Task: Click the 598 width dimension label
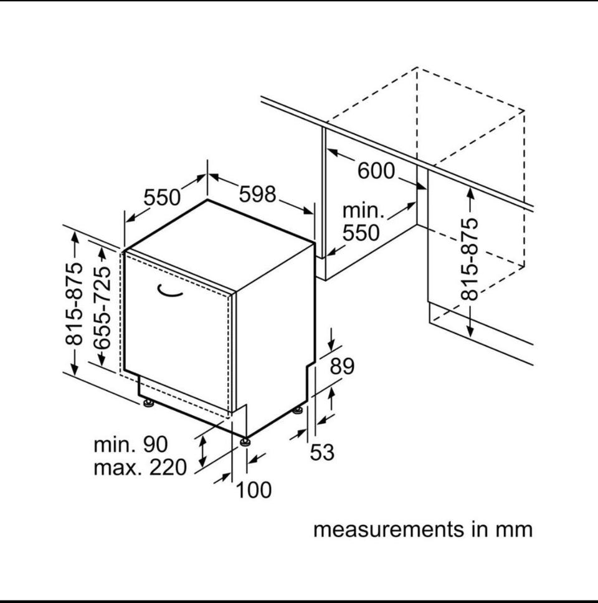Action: pos(257,194)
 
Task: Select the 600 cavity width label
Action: pos(376,171)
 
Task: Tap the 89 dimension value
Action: pos(342,366)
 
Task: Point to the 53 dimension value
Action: pos(322,452)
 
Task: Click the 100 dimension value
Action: pos(254,490)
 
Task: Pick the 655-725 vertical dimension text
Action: pos(102,307)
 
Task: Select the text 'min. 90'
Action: pos(131,445)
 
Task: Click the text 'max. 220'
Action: pos(140,468)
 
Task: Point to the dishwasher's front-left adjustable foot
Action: pos(148,403)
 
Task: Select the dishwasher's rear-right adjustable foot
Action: pos(298,410)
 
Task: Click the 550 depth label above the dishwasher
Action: pos(162,198)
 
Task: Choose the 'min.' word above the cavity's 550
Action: pos(363,211)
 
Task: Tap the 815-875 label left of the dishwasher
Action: pos(74,304)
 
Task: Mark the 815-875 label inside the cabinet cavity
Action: pos(469,259)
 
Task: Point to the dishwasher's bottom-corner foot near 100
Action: pos(245,442)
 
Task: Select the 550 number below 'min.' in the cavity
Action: pos(361,233)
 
